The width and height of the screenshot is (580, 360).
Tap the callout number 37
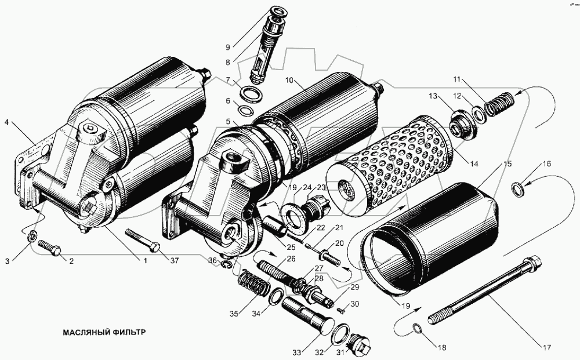tap(175, 260)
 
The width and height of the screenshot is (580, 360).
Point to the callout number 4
tap(7, 123)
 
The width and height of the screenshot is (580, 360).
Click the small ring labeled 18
tap(416, 330)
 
